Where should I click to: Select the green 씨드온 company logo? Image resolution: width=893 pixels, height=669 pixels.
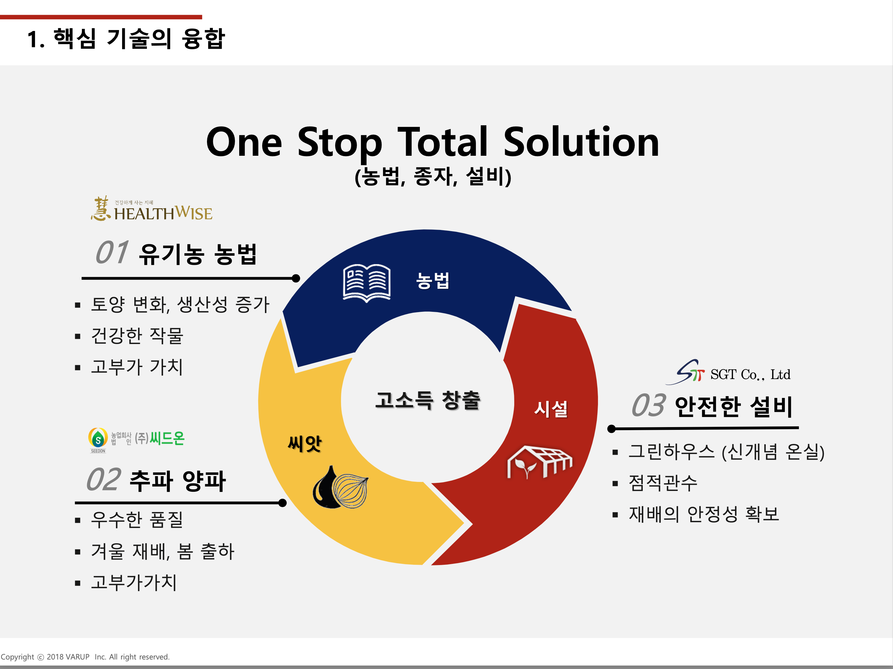pyautogui.click(x=136, y=440)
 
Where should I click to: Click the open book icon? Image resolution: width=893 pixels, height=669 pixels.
pyautogui.click(x=366, y=283)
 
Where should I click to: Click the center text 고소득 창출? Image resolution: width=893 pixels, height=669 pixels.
pyautogui.click(x=428, y=400)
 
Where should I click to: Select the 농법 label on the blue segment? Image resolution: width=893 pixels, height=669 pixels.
pyautogui.click(x=433, y=280)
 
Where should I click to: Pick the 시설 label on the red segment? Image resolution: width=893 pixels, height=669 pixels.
pyautogui.click(x=551, y=409)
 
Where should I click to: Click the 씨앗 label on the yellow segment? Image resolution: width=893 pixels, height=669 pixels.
pyautogui.click(x=305, y=444)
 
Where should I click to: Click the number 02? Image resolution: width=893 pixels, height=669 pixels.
pyautogui.click(x=104, y=480)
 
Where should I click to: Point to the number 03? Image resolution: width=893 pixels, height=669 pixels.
pyautogui.click(x=648, y=405)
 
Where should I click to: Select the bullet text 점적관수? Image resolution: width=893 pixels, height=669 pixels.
pyautogui.click(x=663, y=483)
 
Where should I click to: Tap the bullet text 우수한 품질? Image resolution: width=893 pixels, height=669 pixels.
pyautogui.click(x=137, y=520)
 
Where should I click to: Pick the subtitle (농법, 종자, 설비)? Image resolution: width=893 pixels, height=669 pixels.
pyautogui.click(x=433, y=176)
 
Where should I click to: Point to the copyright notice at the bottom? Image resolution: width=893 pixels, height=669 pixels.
pyautogui.click(x=85, y=657)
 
